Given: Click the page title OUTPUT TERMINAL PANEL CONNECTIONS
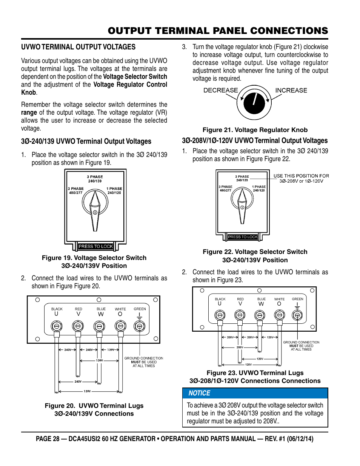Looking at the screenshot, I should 218,31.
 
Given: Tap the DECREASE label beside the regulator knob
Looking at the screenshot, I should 220,91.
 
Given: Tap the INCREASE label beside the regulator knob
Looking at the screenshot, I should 291,91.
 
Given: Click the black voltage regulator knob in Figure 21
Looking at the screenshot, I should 254,103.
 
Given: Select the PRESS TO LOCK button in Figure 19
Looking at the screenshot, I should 95,246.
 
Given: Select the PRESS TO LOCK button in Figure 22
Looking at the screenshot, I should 243,237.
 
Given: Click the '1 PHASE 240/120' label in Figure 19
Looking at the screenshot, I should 114,191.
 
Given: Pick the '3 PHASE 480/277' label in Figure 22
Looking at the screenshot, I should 226,189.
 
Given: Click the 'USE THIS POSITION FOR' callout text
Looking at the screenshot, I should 301,176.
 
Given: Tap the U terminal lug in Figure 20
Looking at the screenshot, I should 57,326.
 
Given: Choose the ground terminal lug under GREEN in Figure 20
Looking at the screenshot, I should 139,326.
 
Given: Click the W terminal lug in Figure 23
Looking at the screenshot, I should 260,315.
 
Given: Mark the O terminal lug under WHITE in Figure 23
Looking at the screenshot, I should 279,315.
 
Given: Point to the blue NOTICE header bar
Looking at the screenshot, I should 255,393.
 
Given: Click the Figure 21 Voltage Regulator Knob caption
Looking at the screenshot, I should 255,130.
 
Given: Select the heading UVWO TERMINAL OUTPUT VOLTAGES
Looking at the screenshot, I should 78,47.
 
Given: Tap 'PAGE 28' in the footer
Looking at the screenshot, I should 48,439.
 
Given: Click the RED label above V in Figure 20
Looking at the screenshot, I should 78,309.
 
